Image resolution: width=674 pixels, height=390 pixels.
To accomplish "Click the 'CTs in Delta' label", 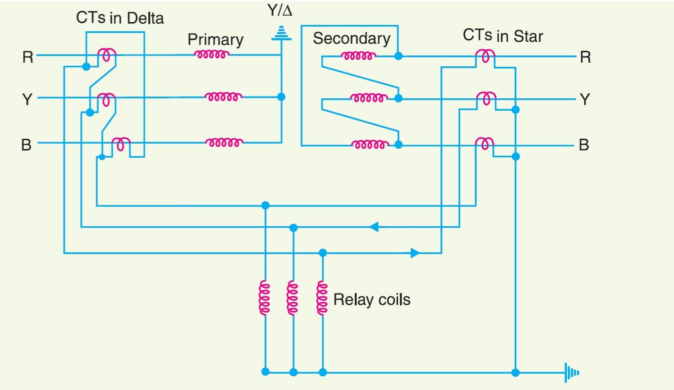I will pos(120,18).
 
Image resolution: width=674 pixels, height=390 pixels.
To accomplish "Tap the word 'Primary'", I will pos(215,40).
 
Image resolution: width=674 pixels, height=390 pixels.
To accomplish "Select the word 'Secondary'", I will pos(352,39).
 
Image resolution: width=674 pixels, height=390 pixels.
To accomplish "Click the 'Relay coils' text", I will pos(371,299).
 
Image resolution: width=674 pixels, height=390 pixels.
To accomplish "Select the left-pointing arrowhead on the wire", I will pos(374,227).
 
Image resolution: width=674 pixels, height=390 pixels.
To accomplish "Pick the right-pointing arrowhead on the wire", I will pos(414,253).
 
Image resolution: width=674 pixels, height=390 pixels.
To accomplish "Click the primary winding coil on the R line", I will pos(212,55).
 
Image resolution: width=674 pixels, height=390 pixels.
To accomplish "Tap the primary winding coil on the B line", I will pos(224,142).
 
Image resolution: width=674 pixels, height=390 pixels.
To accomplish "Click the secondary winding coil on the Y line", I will pos(369,98).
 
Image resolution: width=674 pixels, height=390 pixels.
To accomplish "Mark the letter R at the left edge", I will pos(28,57).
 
